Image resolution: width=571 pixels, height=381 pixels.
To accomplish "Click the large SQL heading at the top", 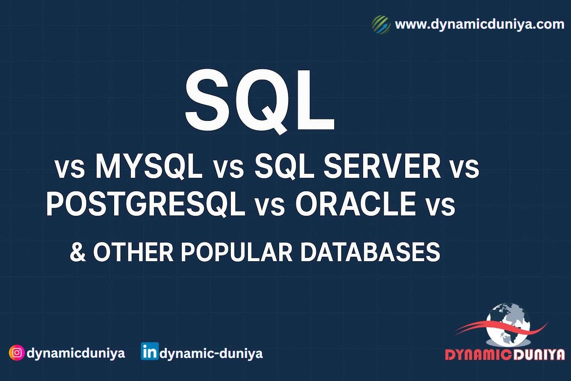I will (260, 100).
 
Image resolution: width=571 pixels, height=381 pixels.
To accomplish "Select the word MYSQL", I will (149, 167).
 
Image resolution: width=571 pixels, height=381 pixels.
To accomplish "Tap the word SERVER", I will (382, 167).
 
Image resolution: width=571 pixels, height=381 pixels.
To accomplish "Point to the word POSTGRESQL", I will (145, 204).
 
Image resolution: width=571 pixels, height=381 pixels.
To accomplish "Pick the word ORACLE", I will (355, 204).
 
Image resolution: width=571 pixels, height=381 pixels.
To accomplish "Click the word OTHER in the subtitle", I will (133, 252).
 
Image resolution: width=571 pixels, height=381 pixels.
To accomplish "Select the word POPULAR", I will (237, 252).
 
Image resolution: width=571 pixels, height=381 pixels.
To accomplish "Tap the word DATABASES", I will (370, 252).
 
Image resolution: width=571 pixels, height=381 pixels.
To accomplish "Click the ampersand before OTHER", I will (77, 252).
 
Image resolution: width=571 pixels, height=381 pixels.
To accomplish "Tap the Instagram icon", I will (17, 352).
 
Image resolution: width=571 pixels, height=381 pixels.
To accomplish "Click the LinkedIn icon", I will (149, 352).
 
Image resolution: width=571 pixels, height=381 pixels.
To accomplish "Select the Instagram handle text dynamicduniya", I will (76, 353).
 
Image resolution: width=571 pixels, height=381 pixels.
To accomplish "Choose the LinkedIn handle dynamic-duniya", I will (211, 353).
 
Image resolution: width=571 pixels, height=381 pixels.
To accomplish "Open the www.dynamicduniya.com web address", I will (480, 24).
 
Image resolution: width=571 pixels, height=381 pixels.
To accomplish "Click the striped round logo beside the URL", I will (381, 25).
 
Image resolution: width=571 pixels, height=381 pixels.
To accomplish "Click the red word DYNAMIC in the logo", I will (478, 355).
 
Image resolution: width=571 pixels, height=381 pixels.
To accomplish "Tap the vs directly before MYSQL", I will (70, 169).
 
